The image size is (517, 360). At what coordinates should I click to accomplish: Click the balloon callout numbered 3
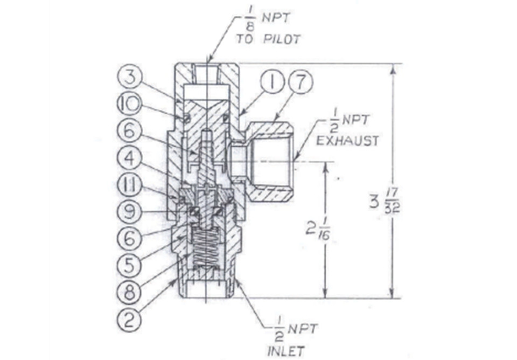(x=130, y=78)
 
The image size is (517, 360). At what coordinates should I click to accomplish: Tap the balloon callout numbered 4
(x=129, y=158)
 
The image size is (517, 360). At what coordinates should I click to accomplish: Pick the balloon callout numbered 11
(x=129, y=185)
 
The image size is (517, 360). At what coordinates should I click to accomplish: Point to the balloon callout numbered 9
(x=129, y=211)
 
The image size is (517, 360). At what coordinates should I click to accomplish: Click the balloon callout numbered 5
(x=129, y=265)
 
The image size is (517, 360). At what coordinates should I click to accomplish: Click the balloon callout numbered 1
(x=273, y=82)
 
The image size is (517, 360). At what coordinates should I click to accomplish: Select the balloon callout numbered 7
(x=300, y=82)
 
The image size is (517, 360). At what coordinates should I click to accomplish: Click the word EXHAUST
(x=347, y=141)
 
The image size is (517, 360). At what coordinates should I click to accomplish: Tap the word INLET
(x=286, y=351)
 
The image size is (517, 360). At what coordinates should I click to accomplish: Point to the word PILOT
(x=282, y=39)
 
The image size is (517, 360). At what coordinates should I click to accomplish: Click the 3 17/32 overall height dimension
(x=385, y=201)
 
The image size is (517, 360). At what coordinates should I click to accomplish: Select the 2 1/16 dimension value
(x=318, y=228)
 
